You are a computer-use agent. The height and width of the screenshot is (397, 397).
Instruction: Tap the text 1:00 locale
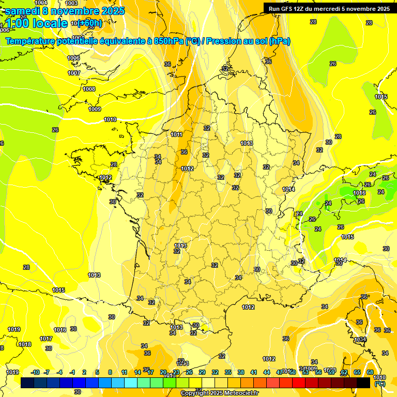point(36,23)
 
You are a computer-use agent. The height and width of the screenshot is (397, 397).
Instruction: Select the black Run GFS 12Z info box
point(329,8)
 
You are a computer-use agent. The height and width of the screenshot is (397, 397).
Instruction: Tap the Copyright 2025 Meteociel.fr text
point(219,393)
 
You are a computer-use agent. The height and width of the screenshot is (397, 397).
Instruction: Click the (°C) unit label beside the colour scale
point(379,384)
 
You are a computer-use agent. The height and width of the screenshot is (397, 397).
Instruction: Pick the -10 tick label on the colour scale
point(35,372)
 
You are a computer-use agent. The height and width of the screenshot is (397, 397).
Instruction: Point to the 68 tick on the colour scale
point(370,372)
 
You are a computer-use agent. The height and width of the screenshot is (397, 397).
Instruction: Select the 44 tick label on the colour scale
point(267,372)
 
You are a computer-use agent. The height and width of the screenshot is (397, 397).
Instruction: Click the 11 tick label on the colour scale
point(125,372)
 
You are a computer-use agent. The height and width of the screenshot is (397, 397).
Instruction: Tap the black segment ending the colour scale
point(363,383)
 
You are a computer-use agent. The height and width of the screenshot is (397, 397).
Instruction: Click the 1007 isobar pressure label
point(74,73)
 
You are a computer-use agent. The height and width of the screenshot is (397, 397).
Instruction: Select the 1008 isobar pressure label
point(89,89)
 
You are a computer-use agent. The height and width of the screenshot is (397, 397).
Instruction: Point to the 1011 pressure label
point(176,134)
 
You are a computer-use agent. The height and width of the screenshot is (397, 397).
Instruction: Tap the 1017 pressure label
point(46,339)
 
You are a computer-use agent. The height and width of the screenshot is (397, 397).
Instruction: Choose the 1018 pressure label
point(25,344)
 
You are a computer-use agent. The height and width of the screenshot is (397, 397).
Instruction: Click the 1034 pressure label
point(360,340)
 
